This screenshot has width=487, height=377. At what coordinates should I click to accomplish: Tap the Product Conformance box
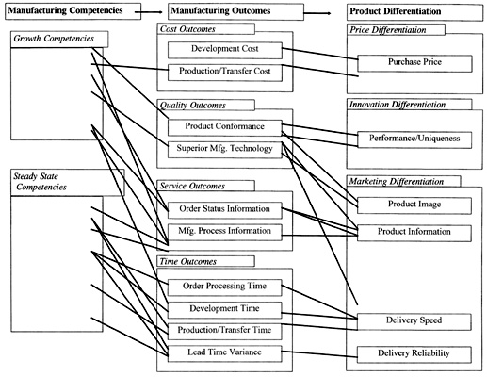coord(224,126)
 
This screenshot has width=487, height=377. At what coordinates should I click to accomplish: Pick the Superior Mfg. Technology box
coord(224,149)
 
